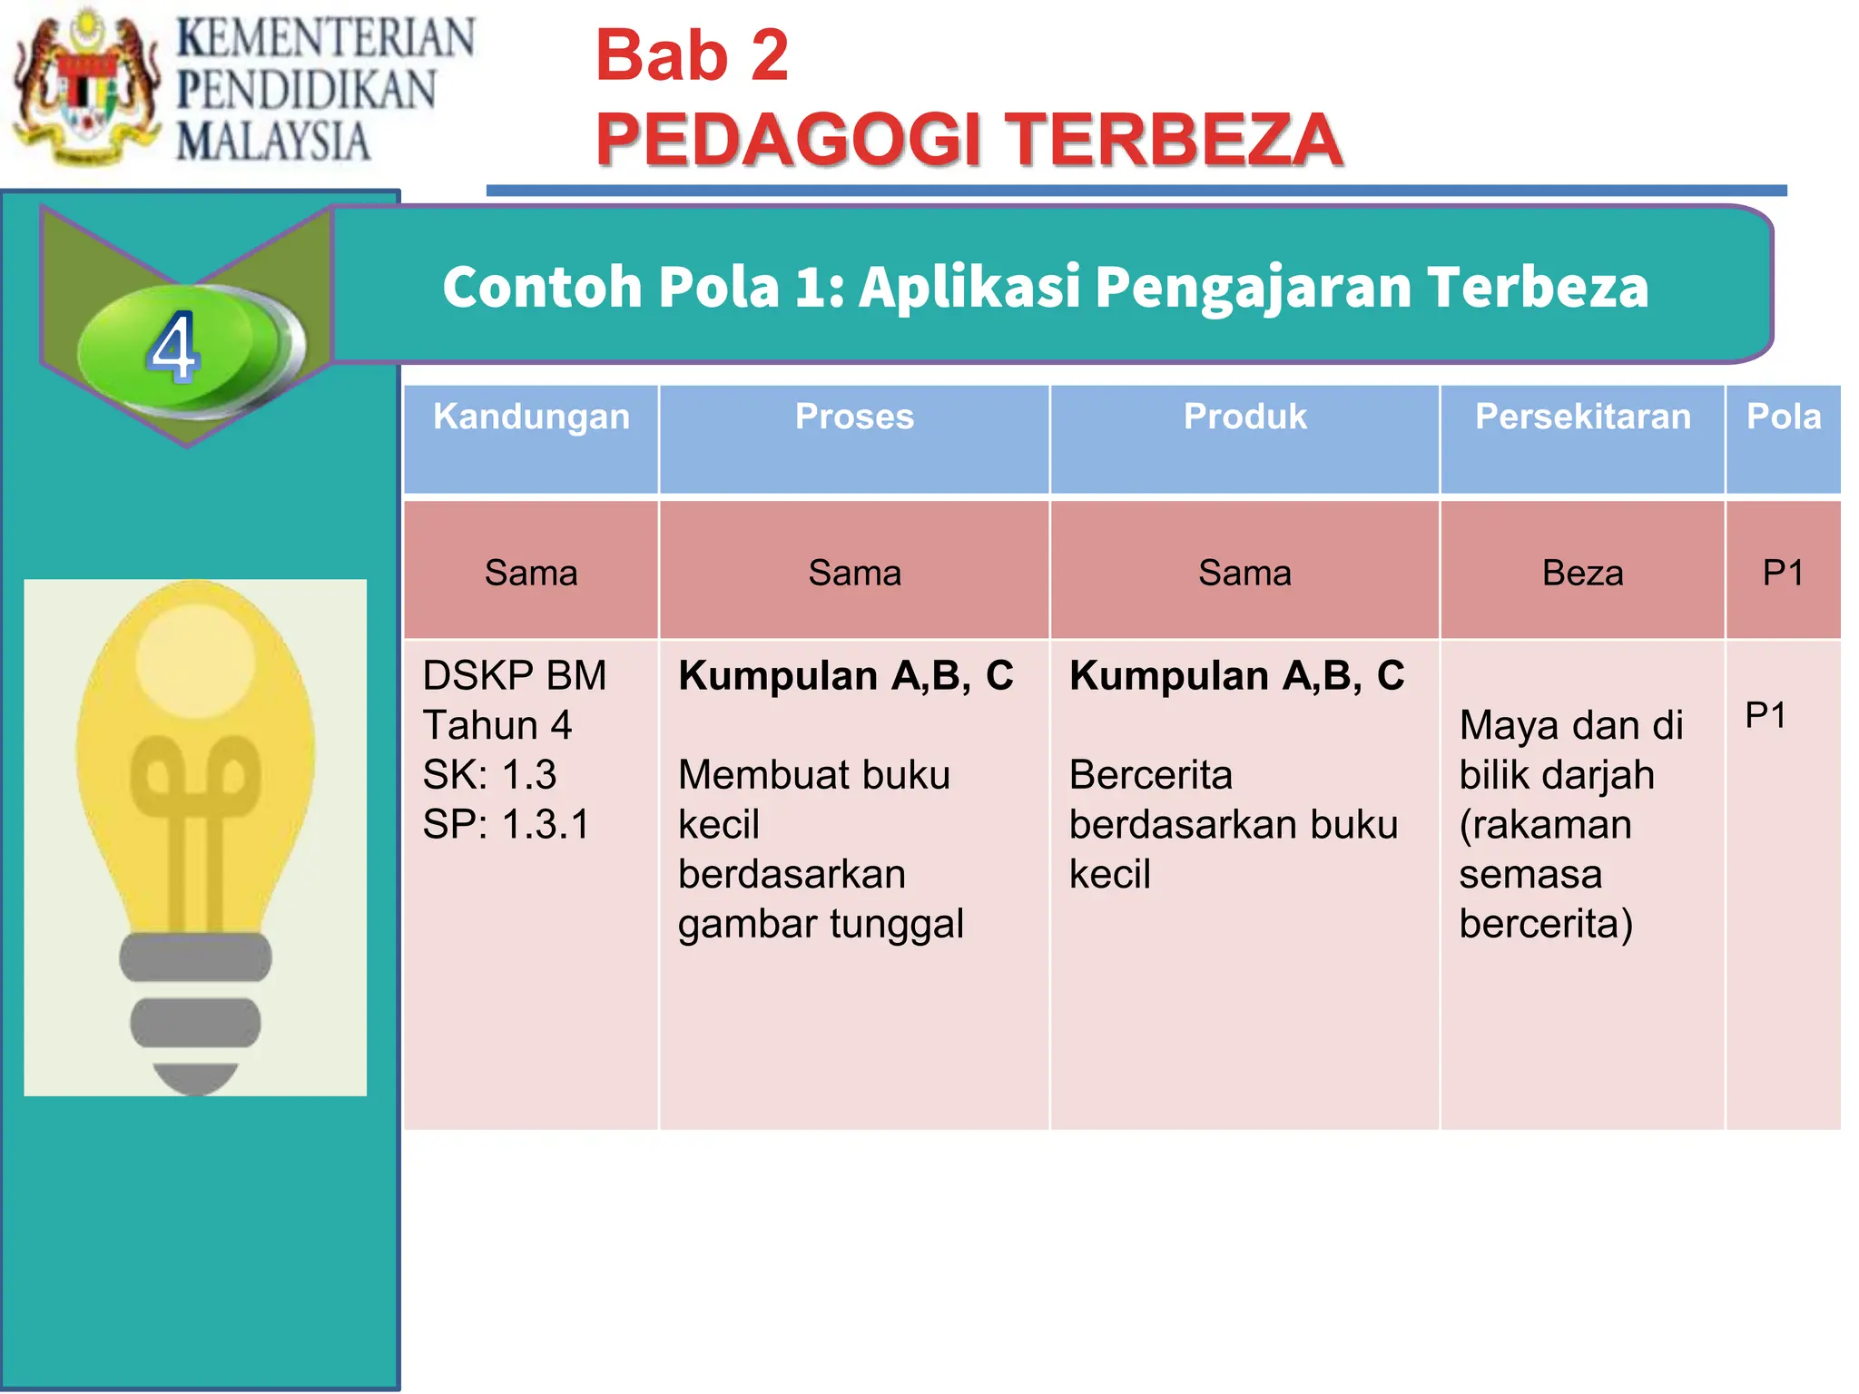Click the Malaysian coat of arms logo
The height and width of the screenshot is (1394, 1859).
[x=86, y=86]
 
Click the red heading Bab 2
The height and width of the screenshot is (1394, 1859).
[x=692, y=56]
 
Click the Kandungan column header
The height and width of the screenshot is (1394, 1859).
[x=531, y=417]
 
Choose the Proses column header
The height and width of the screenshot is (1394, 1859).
[x=854, y=417]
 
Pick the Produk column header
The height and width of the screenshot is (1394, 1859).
[x=1244, y=417]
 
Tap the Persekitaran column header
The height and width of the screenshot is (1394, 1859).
[x=1582, y=417]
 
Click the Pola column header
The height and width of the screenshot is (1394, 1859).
[x=1783, y=417]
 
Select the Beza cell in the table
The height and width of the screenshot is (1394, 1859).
[x=1582, y=574]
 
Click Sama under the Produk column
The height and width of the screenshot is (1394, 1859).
[x=1244, y=574]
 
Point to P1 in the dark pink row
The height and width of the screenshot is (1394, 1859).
[x=1783, y=574]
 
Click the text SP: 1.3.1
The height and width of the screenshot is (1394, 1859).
[x=507, y=825]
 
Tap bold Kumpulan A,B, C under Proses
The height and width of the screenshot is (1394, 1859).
[x=845, y=676]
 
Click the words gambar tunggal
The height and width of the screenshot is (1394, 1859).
[x=821, y=925]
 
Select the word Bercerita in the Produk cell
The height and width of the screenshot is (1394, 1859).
[x=1151, y=776]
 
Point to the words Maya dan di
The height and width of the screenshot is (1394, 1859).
[x=1571, y=726]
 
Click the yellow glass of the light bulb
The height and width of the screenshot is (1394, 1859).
[x=195, y=726]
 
